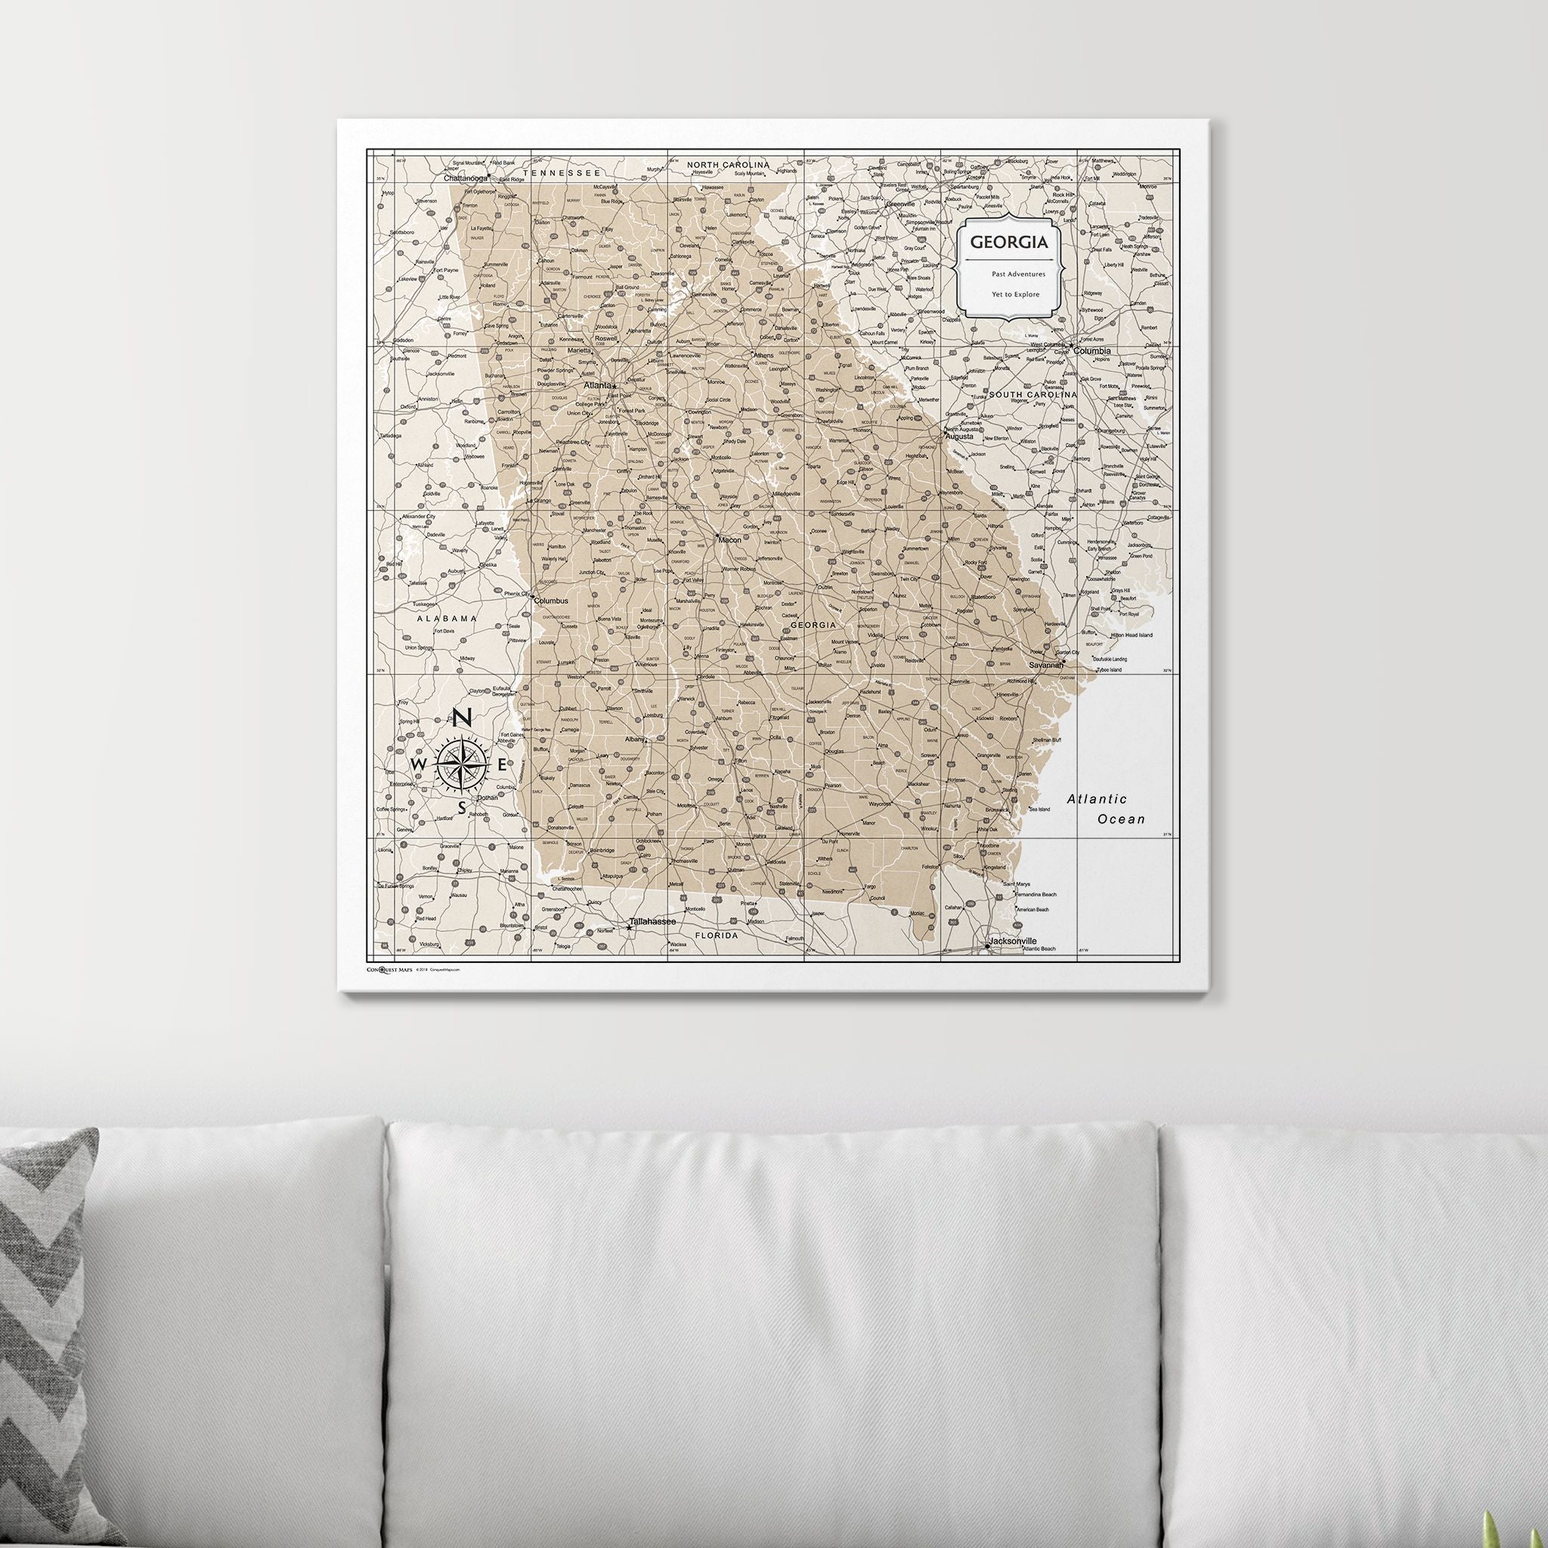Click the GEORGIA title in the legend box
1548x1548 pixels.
(x=1009, y=241)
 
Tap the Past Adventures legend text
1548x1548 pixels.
(x=1017, y=274)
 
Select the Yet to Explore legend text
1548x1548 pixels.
(x=1015, y=294)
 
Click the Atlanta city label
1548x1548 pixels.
(x=598, y=385)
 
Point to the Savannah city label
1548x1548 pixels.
(x=1045, y=665)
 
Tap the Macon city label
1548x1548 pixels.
(x=730, y=540)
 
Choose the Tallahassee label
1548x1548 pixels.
(x=652, y=921)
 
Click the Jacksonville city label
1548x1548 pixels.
(x=1012, y=940)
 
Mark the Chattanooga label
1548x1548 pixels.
(x=466, y=178)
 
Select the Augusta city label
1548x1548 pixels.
(x=959, y=437)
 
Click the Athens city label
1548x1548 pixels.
(x=763, y=355)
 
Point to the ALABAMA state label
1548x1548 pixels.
(x=446, y=618)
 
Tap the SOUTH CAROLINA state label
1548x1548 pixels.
(x=1032, y=395)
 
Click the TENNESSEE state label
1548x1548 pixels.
(x=561, y=172)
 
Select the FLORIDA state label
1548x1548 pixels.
(x=717, y=935)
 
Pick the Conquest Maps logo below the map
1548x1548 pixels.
(x=389, y=969)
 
